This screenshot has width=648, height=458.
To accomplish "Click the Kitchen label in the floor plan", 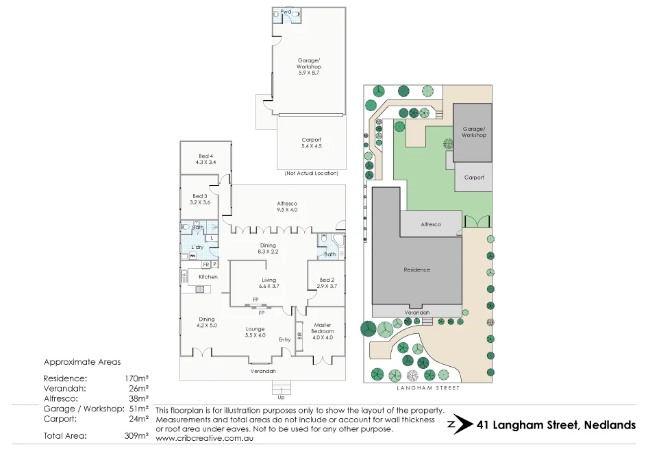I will pyautogui.click(x=208, y=277).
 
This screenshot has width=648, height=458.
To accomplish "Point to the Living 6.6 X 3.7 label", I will pyautogui.click(x=269, y=282).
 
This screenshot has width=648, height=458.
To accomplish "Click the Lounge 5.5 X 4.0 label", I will pyautogui.click(x=256, y=332).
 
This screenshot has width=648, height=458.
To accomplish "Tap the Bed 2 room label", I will pyautogui.click(x=327, y=282).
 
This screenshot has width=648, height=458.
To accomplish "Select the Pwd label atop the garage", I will pyautogui.click(x=286, y=12).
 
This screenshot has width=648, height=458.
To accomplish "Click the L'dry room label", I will pyautogui.click(x=197, y=246).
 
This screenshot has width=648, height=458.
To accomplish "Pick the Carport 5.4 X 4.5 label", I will pyautogui.click(x=311, y=143).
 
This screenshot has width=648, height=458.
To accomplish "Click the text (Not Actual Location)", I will pyautogui.click(x=311, y=173).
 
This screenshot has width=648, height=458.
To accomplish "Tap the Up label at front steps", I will pyautogui.click(x=280, y=397).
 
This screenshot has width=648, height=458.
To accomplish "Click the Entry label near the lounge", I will pyautogui.click(x=284, y=340).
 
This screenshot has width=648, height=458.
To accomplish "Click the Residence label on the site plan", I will pyautogui.click(x=416, y=269).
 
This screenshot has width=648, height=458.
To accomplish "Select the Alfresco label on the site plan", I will pyautogui.click(x=430, y=224).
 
